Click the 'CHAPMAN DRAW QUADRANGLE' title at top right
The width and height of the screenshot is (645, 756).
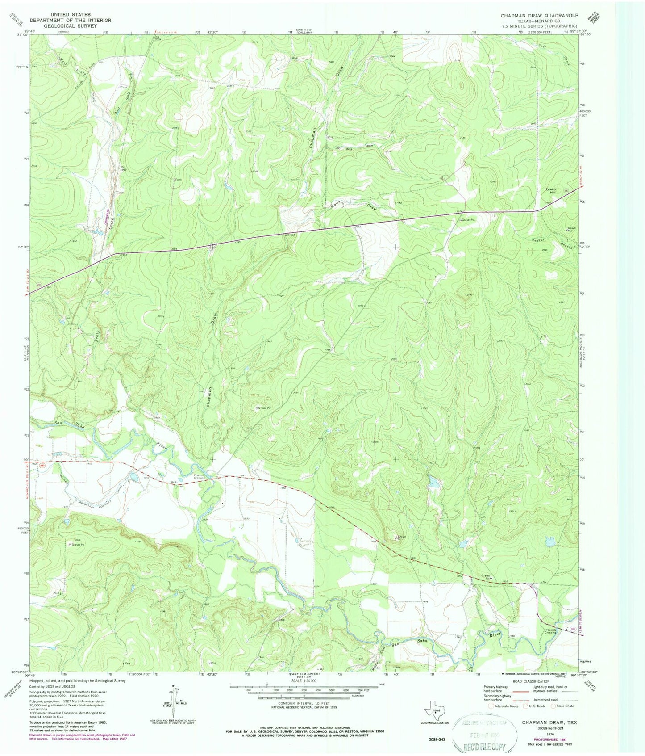539,16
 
